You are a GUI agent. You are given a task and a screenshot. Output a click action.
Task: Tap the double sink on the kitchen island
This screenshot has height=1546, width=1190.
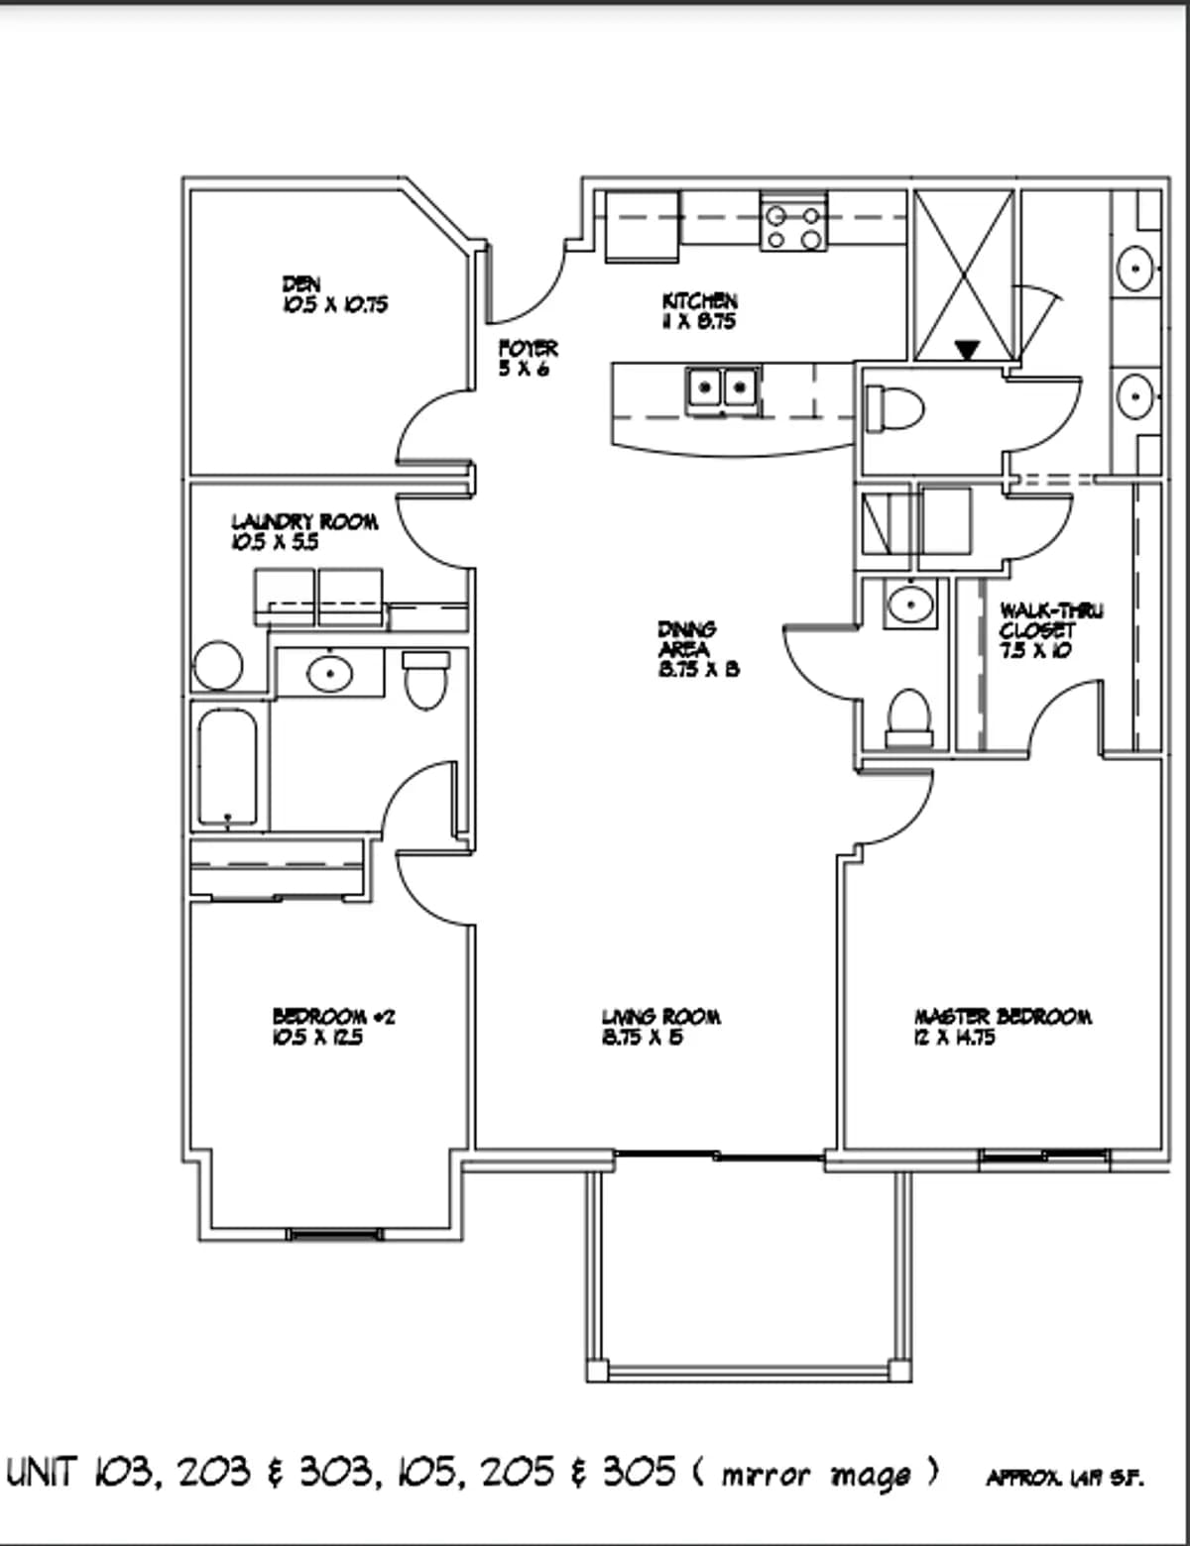tap(722, 387)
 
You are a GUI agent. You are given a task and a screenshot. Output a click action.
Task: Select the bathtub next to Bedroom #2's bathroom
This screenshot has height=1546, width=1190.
tap(228, 768)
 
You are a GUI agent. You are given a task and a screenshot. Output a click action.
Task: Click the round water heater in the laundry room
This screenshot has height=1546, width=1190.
tap(218, 667)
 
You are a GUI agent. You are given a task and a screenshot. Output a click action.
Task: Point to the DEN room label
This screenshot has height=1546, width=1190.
tap(301, 285)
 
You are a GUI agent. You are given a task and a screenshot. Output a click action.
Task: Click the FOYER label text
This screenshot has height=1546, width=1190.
tap(528, 349)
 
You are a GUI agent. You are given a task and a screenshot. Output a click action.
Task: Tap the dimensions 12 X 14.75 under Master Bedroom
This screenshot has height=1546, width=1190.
tap(954, 1038)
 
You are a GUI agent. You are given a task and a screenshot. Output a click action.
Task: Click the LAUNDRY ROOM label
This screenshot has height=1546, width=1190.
tap(304, 521)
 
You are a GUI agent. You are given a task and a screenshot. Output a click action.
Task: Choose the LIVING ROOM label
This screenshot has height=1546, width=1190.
tap(660, 1017)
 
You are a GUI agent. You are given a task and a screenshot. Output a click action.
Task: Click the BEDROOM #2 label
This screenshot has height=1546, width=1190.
tap(333, 1017)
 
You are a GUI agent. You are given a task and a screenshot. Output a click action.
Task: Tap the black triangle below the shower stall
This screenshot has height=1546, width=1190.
tap(967, 350)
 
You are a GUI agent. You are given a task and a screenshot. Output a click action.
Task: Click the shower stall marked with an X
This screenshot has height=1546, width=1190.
tap(963, 273)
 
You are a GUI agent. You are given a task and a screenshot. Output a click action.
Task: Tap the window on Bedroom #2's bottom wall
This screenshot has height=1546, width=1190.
tap(333, 1234)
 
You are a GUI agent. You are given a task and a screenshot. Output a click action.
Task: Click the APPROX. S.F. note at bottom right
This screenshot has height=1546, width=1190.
tap(1063, 1479)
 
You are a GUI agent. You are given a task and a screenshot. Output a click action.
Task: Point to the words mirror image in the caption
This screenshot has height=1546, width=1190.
tap(815, 1475)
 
